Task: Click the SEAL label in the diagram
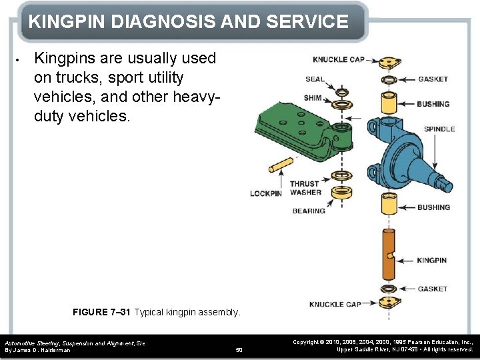[x=315, y=79]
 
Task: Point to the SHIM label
[x=313, y=97]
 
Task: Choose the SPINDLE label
[x=439, y=129]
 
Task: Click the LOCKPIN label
[x=265, y=193]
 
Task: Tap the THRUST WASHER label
[x=305, y=188]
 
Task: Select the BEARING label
[x=309, y=211]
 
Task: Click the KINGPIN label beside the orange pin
[x=432, y=260]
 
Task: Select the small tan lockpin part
[x=281, y=164]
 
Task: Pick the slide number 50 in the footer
[x=240, y=349]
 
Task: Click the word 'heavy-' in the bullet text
[x=194, y=97]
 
